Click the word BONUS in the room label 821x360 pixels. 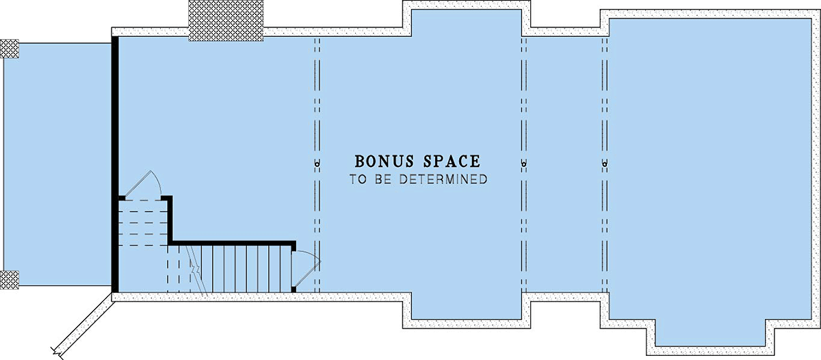[x=385, y=162]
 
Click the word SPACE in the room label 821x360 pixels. [x=452, y=162]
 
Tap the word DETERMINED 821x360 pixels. [x=443, y=179]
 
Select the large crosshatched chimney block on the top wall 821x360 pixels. [x=226, y=21]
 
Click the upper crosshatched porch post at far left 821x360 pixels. [x=9, y=49]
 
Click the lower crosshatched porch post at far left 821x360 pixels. [x=9, y=280]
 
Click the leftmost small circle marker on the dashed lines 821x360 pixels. [x=317, y=164]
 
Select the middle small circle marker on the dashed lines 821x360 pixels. [x=524, y=164]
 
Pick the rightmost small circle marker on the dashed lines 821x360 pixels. [x=604, y=164]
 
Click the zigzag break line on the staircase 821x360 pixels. [x=197, y=270]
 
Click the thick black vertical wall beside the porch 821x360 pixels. [x=115, y=164]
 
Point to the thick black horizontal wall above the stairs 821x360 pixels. [x=232, y=243]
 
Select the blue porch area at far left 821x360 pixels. [x=57, y=164]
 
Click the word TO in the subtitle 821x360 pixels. [x=357, y=179]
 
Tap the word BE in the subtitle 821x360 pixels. [x=382, y=179]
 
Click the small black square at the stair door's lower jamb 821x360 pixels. [x=294, y=290]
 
